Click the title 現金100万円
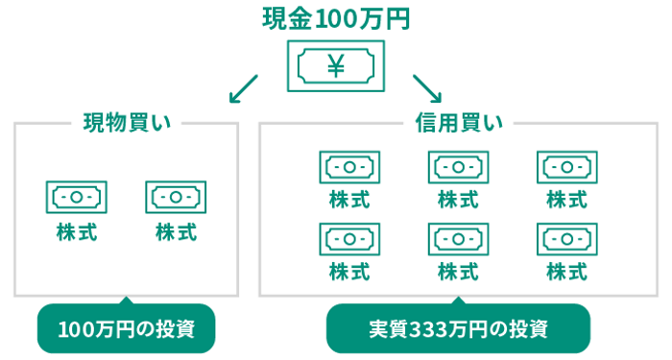coord(335,18)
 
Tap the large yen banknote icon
coord(335,65)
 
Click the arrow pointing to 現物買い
coord(244,87)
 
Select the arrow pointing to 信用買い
coord(427,87)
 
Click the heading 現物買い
coord(126,123)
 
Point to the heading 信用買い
coord(458,123)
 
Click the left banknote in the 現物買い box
coord(76,197)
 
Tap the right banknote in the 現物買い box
coord(176,197)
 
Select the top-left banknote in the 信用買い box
coord(349,166)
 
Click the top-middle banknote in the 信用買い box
coord(458,166)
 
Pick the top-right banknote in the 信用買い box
coord(566,166)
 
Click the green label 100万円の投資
coord(126,329)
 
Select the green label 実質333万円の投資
coord(458,329)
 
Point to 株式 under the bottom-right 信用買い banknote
coord(566,271)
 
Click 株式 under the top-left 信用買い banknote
coord(349,200)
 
